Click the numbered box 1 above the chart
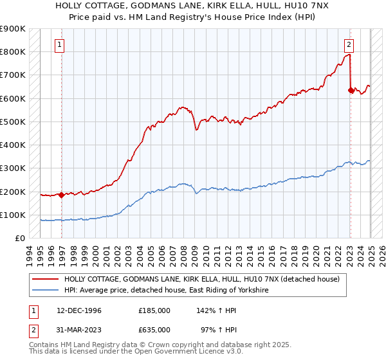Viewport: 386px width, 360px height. (60, 45)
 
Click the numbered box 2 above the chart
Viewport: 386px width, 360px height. (348, 45)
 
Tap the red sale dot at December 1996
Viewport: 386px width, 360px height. (60, 195)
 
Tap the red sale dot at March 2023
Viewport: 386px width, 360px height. (351, 90)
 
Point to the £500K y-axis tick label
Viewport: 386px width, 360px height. (13, 122)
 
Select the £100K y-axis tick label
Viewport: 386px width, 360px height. (13, 215)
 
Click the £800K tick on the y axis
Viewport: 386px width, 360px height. (13, 51)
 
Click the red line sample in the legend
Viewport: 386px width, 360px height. (46, 279)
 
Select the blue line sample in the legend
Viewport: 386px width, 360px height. (46, 291)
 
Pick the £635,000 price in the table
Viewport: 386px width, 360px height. (154, 329)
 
